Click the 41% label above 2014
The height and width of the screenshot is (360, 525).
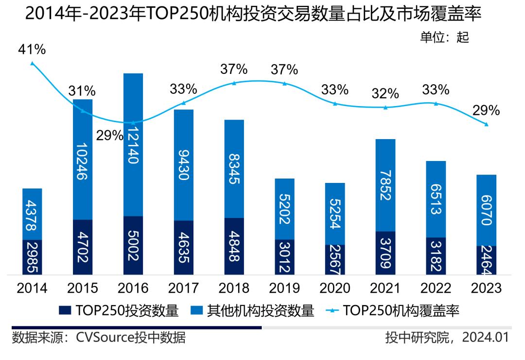coord(32,50)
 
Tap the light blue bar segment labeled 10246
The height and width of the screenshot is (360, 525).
coord(83,160)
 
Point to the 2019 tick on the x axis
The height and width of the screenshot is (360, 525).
coord(284,288)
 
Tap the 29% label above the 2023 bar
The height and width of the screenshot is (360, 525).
coord(487,110)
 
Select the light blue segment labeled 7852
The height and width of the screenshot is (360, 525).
coord(385,185)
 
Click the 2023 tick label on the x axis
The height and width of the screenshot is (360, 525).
coord(487,288)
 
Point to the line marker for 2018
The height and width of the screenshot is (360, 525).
coord(234,83)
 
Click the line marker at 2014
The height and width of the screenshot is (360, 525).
coord(32,63)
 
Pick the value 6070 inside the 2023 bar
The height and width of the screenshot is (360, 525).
coord(487,210)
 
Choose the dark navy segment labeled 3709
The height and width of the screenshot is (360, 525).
coord(385,253)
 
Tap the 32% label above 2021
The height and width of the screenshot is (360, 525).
coord(385,93)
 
